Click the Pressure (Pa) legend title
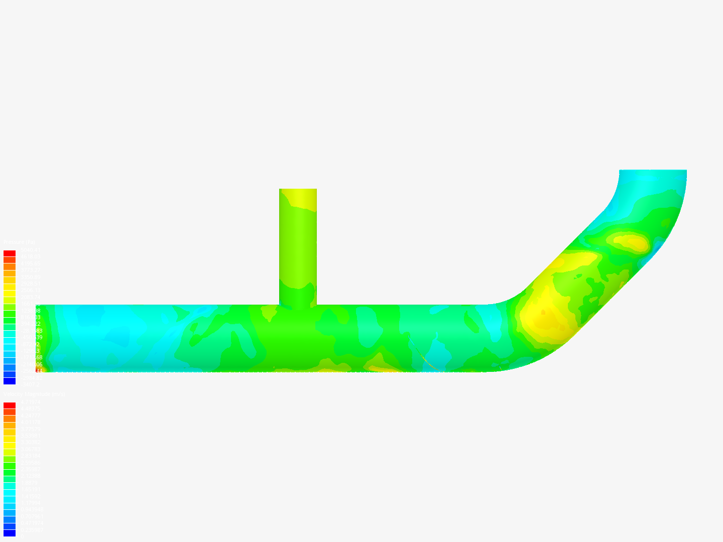[x=19, y=242]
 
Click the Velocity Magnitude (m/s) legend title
[x=34, y=394]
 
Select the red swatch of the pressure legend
[x=10, y=253]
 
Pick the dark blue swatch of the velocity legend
[x=10, y=533]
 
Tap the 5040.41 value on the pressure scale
[x=30, y=250]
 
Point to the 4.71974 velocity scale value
[x=30, y=402]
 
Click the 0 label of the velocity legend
[x=21, y=536]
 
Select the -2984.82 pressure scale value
[x=30, y=378]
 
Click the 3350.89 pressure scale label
[x=30, y=277]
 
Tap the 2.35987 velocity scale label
[x=30, y=469]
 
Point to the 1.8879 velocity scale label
[x=29, y=483]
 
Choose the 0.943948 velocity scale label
[x=31, y=509]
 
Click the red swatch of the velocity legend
[x=10, y=405]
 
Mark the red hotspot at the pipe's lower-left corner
[x=39, y=370]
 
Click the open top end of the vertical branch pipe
[x=298, y=190]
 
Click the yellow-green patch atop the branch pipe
[x=299, y=199]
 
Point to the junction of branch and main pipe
[x=298, y=304]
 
